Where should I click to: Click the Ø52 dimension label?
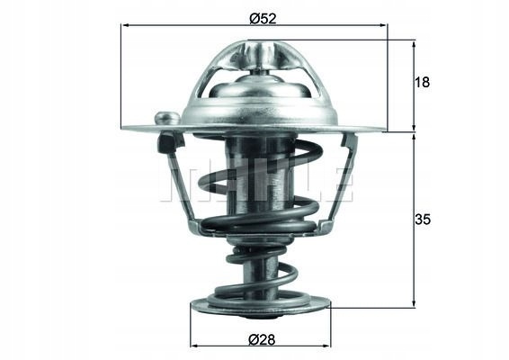pos(263,19)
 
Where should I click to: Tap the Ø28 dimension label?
pos(262,340)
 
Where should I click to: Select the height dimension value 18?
pos(422,83)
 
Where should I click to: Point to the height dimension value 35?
pos(423,220)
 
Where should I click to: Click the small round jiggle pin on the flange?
pos(167,118)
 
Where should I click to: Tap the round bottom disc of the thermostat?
pos(260,308)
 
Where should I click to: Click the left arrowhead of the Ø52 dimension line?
pos(125,25)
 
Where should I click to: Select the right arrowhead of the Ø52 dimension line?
pos(383,25)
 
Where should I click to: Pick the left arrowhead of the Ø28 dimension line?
pos(195,346)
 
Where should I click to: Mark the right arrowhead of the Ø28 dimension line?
pos(326,346)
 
